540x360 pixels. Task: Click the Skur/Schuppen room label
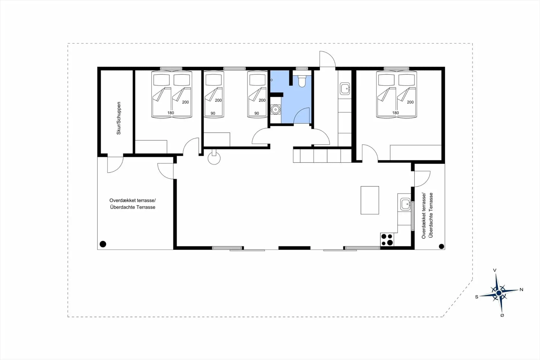(119, 118)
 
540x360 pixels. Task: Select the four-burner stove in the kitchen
(387, 240)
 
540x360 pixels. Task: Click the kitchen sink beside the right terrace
(405, 204)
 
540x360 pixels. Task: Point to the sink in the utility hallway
(345, 89)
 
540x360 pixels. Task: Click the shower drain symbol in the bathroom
(276, 109)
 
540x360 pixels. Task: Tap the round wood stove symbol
(214, 158)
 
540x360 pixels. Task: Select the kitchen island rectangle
(370, 200)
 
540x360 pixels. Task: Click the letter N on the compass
(521, 290)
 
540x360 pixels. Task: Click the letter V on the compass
(495, 270)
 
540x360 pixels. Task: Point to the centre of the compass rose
(499, 293)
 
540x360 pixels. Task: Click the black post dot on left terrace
(103, 244)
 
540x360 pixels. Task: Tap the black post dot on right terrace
(441, 247)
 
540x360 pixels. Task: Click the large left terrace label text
(132, 204)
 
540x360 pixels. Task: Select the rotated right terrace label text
(427, 216)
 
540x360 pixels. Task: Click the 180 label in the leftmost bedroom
(171, 113)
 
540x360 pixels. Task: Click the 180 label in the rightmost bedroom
(395, 113)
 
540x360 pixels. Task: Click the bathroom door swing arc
(302, 116)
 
